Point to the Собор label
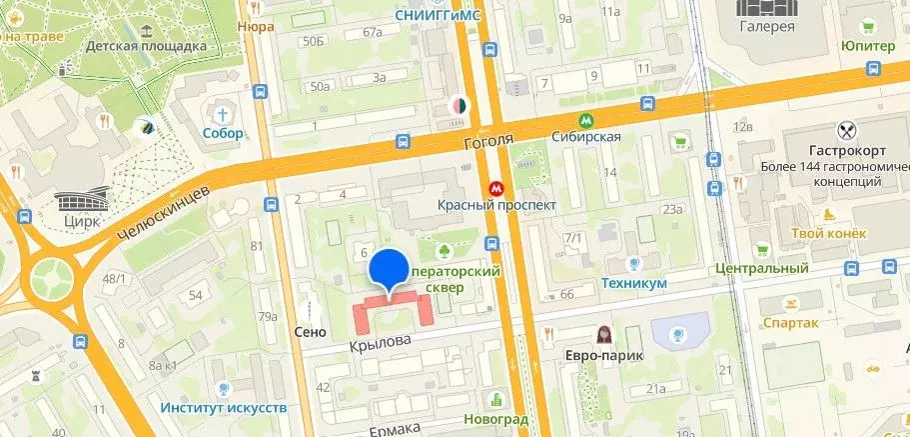pos(222,133)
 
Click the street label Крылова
pos(380,343)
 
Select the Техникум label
pos(633,284)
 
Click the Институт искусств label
pos(224,408)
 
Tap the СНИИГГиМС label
pos(438,14)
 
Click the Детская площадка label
pos(146,45)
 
